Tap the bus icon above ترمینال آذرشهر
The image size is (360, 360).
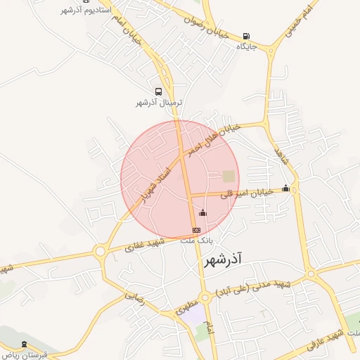(158, 91)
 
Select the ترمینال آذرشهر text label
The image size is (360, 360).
(159, 103)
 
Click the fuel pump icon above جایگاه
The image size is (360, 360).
(245, 37)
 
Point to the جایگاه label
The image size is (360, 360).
(246, 46)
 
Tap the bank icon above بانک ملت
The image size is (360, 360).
(196, 229)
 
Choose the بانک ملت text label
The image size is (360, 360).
(197, 240)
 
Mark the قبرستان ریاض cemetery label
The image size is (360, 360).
(25, 354)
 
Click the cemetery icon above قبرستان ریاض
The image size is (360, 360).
(25, 344)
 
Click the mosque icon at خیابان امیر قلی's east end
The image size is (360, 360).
(285, 188)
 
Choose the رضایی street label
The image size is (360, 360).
(134, 296)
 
